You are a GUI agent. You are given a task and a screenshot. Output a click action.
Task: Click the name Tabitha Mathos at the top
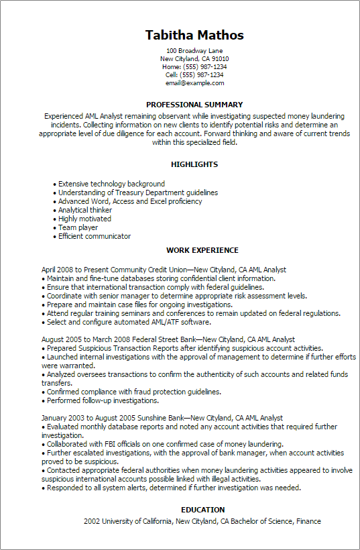[194, 35]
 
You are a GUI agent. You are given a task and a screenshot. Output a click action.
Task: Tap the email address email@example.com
[194, 83]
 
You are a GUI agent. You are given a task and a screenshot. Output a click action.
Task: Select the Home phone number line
[194, 67]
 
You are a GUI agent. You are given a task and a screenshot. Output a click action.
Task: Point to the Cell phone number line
[194, 75]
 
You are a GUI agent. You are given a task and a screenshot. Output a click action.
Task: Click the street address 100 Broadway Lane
[194, 51]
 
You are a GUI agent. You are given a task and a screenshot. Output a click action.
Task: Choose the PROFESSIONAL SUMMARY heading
[194, 105]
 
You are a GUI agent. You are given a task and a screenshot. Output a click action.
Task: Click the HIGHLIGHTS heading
[194, 164]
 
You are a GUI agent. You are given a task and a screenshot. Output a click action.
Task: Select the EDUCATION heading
[202, 509]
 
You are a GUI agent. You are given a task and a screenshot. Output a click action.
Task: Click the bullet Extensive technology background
[111, 184]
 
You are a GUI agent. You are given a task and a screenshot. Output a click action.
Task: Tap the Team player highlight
[78, 227]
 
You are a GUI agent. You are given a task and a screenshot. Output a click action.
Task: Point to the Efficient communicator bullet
[95, 236]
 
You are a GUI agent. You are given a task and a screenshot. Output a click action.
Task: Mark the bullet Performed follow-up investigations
[102, 400]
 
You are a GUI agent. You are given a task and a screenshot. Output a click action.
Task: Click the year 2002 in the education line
[92, 521]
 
